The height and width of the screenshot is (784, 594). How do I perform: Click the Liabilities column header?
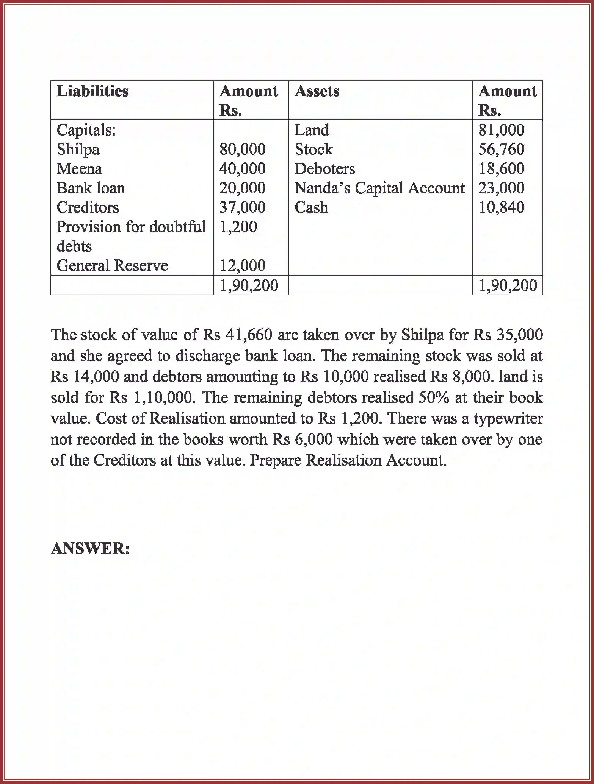point(92,91)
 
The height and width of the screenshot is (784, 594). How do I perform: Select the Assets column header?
point(317,91)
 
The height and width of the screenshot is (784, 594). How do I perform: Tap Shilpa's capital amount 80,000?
point(242,149)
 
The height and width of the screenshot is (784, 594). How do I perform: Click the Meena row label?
point(79,168)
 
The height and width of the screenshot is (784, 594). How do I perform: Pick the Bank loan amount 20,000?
point(242,188)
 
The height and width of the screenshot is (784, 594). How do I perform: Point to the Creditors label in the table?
point(88,207)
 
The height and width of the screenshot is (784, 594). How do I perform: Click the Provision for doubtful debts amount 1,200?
point(238,227)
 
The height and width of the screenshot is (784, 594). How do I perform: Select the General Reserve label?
point(112,265)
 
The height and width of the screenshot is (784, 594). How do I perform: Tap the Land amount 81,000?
point(501,130)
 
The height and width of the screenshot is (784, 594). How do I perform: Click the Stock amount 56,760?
point(501,149)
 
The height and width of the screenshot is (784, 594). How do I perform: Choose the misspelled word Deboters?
point(325,168)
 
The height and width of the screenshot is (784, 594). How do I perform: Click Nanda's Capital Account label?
point(379,188)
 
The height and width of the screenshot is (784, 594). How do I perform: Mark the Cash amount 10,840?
point(501,207)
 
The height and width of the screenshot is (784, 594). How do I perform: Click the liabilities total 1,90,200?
point(249,285)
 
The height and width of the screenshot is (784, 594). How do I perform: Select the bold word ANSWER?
point(90,548)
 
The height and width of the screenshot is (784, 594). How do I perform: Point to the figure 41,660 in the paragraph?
point(249,335)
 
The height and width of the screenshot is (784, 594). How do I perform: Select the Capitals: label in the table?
point(86,130)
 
